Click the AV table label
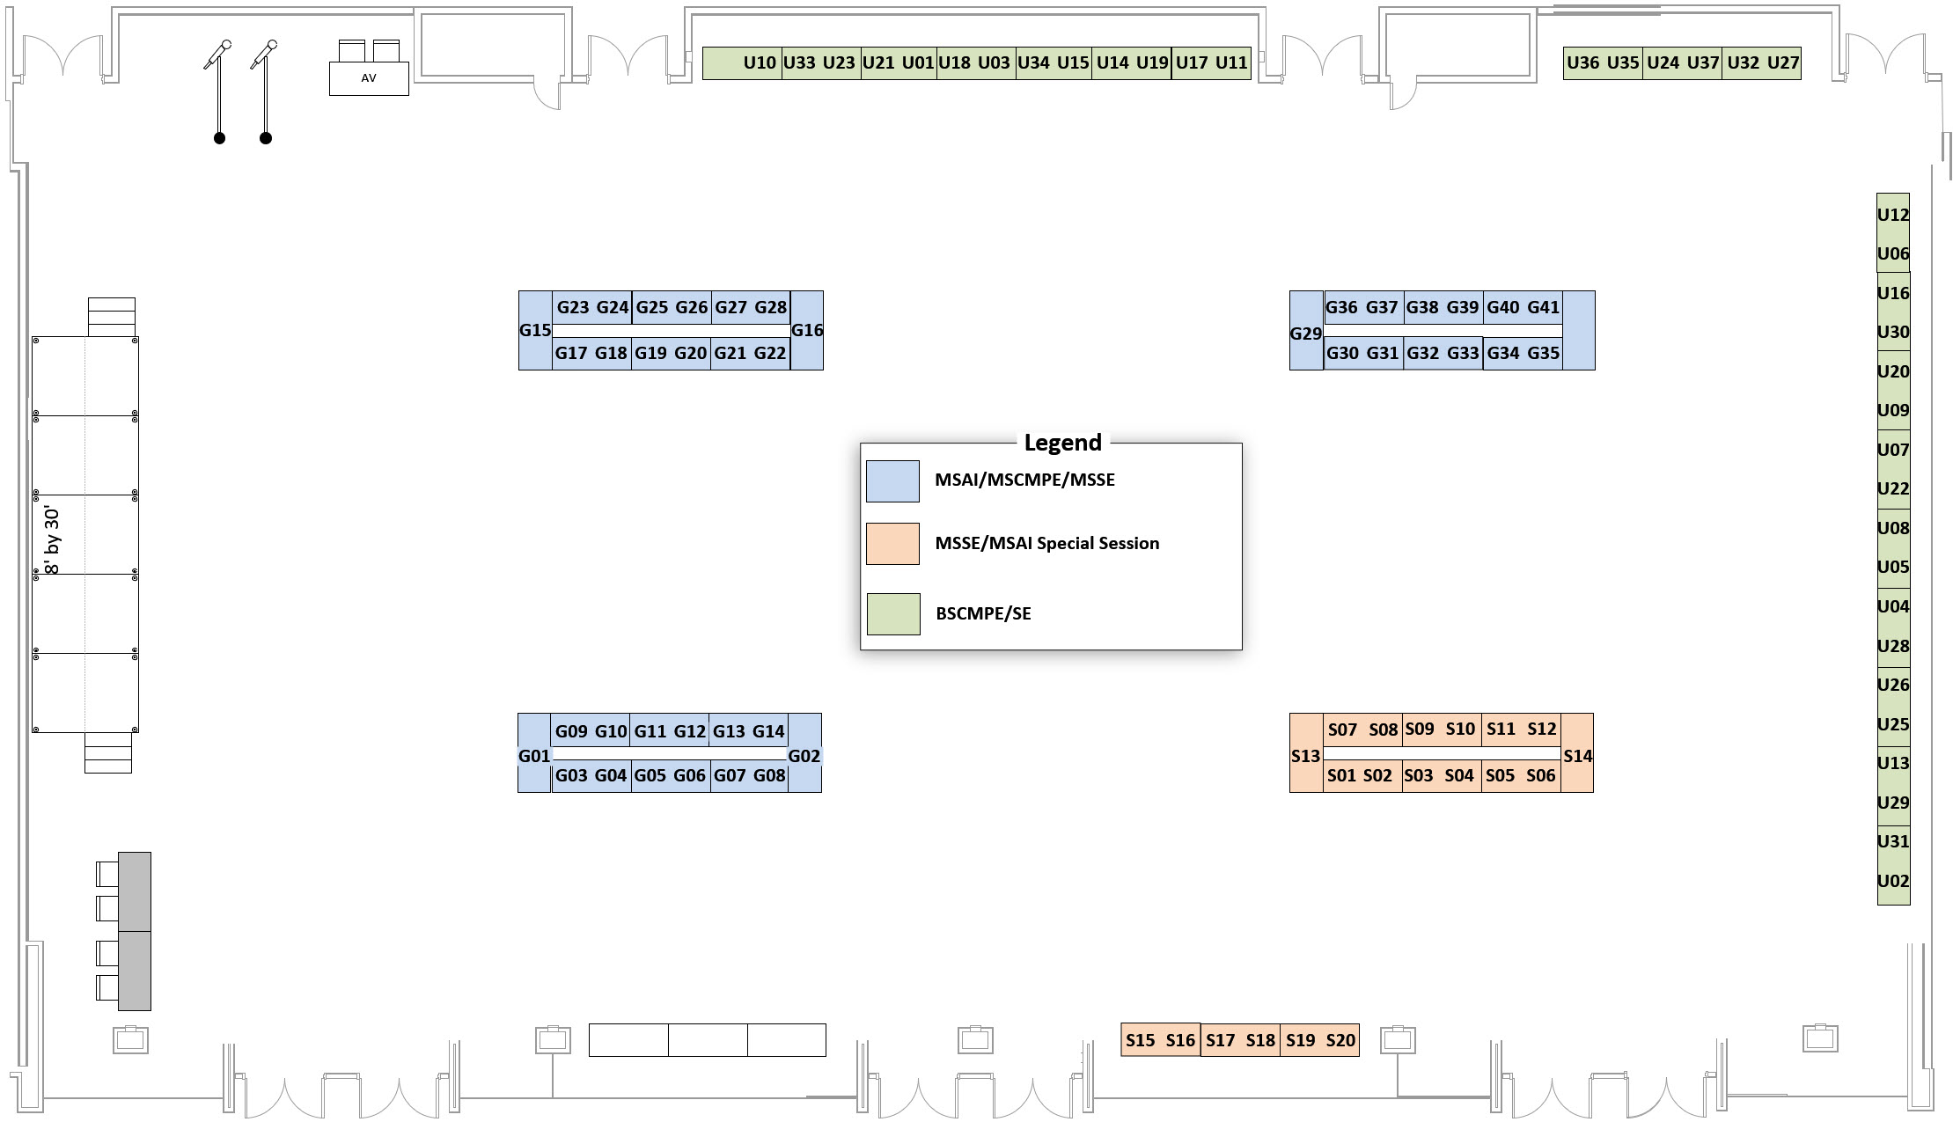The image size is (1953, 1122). [x=369, y=78]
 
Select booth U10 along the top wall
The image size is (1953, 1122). [x=759, y=62]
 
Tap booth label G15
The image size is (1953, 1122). [x=535, y=331]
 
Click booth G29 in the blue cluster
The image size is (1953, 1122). [x=1305, y=334]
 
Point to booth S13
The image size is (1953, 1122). [x=1305, y=756]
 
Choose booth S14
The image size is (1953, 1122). [x=1577, y=756]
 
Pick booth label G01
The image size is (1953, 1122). [x=534, y=756]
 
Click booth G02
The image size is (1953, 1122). [x=804, y=756]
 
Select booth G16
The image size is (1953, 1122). [x=807, y=331]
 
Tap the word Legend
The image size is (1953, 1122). [x=1062, y=442]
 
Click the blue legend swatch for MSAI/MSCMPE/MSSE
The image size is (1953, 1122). [x=892, y=481]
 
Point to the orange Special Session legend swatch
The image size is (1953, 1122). [x=892, y=544]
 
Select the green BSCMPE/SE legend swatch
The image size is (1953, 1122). [x=893, y=614]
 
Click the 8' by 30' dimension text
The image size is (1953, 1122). [x=52, y=541]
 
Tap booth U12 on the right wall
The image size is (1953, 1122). [x=1893, y=215]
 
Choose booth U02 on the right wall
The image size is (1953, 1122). [x=1893, y=881]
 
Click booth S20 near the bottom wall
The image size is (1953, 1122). [x=1340, y=1040]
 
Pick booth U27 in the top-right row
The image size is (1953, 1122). [x=1783, y=62]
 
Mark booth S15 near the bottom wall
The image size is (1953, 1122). [x=1140, y=1040]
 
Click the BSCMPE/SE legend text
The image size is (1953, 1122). [x=983, y=614]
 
